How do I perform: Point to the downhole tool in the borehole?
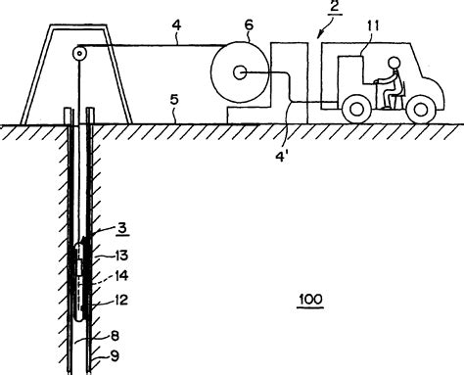point(79,279)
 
